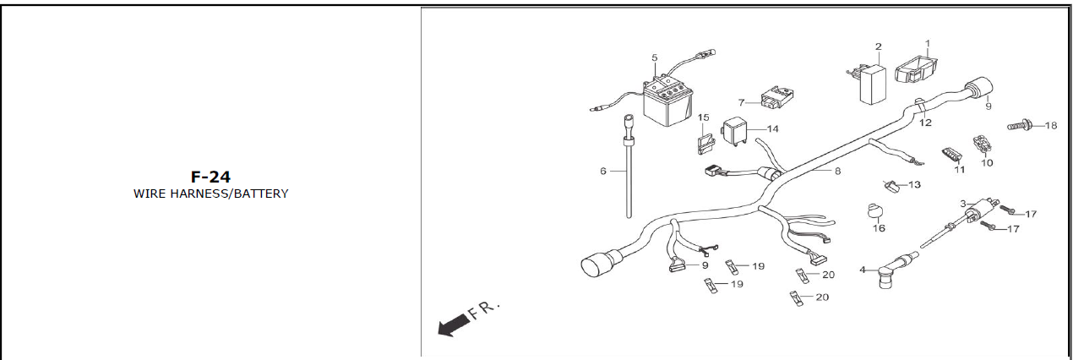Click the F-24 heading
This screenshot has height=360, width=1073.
coord(210,177)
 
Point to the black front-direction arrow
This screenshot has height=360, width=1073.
coord(454,325)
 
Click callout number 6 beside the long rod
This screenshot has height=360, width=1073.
coord(602,171)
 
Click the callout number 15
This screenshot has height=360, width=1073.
coord(703,117)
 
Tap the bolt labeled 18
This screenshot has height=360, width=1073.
coord(1019,126)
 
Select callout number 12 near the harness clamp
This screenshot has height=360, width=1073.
coord(925,123)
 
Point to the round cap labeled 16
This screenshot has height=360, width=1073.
coord(875,211)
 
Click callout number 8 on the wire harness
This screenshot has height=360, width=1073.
coord(837,171)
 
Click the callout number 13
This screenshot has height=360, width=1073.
coord(914,184)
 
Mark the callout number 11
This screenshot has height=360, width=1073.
coord(959,170)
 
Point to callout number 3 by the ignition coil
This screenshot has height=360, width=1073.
coord(963,204)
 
